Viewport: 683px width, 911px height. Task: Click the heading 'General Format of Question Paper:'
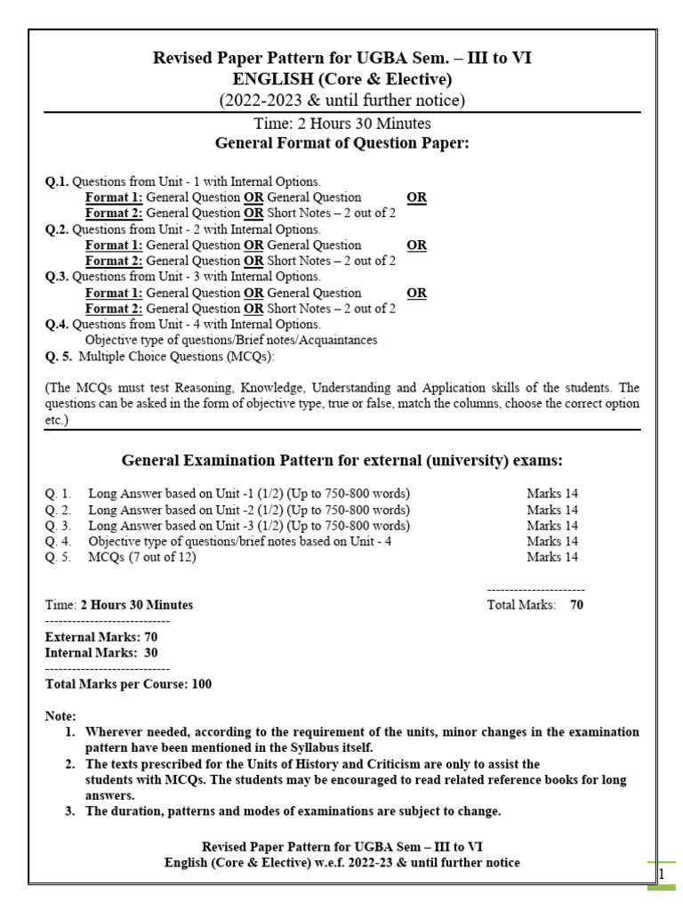point(342,144)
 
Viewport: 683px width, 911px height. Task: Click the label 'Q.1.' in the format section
point(57,181)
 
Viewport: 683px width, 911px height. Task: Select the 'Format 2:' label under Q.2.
point(114,261)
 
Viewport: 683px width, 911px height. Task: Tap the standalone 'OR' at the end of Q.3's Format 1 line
point(416,293)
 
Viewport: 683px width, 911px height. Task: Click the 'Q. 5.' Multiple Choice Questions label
point(60,357)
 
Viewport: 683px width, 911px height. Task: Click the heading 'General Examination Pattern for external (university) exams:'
point(341,460)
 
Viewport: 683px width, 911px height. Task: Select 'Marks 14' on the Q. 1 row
point(551,494)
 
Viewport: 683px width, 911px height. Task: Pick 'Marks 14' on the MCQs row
point(551,558)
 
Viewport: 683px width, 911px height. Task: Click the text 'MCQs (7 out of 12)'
point(142,558)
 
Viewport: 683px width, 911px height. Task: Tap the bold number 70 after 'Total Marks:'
point(576,605)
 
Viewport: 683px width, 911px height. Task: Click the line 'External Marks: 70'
point(101,637)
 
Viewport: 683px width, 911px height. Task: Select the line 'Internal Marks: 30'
point(101,653)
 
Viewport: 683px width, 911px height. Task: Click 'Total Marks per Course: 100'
point(128,685)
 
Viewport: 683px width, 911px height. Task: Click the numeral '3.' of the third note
point(70,811)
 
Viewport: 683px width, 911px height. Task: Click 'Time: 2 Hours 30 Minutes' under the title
point(342,125)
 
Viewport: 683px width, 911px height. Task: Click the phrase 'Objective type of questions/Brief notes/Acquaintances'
point(231,341)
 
